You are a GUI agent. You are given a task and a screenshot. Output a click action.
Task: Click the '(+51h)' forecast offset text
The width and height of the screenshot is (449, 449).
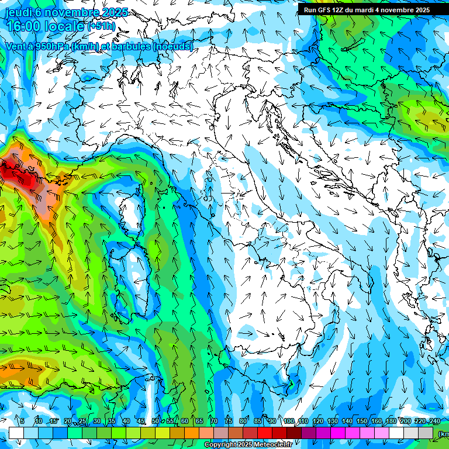point(101,26)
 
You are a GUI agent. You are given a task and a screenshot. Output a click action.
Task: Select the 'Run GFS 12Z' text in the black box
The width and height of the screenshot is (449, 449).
point(323,10)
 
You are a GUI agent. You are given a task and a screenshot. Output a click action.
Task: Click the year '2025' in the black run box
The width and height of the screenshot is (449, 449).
point(419,10)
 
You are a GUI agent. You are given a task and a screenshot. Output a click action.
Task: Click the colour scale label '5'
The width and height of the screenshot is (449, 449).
point(22,421)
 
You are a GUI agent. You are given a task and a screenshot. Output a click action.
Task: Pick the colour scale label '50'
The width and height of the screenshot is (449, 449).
point(155,421)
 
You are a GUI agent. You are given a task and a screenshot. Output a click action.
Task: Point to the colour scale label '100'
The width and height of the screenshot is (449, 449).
point(289,421)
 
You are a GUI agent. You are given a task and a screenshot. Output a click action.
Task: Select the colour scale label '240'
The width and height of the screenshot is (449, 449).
point(434,421)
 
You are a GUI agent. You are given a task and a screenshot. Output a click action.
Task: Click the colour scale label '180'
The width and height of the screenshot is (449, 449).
point(391,421)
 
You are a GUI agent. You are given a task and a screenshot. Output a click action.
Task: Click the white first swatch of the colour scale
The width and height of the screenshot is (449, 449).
point(16,433)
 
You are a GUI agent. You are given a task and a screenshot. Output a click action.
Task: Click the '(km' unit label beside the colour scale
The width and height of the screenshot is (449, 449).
point(444,434)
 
